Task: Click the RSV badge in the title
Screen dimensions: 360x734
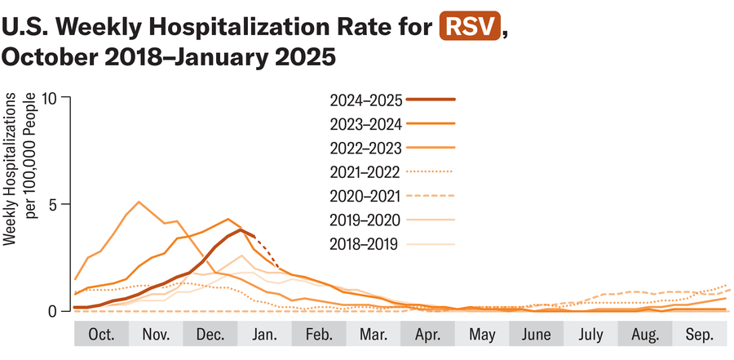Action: pyautogui.click(x=470, y=27)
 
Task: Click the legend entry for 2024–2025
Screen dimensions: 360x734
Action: pyautogui.click(x=366, y=100)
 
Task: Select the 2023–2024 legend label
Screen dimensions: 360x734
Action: pyautogui.click(x=366, y=124)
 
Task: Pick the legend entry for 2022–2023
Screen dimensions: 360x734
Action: pyautogui.click(x=366, y=148)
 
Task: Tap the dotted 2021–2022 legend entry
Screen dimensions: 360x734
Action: pyautogui.click(x=366, y=172)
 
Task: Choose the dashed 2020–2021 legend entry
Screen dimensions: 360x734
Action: pyautogui.click(x=366, y=196)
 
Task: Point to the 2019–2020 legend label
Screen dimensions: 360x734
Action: pyautogui.click(x=366, y=220)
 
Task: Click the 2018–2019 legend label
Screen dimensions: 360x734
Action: pyautogui.click(x=366, y=243)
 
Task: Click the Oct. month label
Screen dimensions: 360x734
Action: pyautogui.click(x=101, y=336)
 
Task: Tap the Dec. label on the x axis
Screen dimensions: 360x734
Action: pyautogui.click(x=210, y=336)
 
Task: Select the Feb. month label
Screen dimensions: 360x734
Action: pyautogui.click(x=318, y=336)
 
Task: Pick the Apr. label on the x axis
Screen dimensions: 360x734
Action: pyautogui.click(x=427, y=336)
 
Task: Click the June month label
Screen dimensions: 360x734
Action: pyautogui.click(x=536, y=336)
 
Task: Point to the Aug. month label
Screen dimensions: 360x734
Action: pyautogui.click(x=644, y=336)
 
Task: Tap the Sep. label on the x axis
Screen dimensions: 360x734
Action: pyautogui.click(x=699, y=336)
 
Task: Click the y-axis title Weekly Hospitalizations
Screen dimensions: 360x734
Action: pyautogui.click(x=18, y=167)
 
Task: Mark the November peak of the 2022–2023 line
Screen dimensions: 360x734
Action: pyautogui.click(x=139, y=202)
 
